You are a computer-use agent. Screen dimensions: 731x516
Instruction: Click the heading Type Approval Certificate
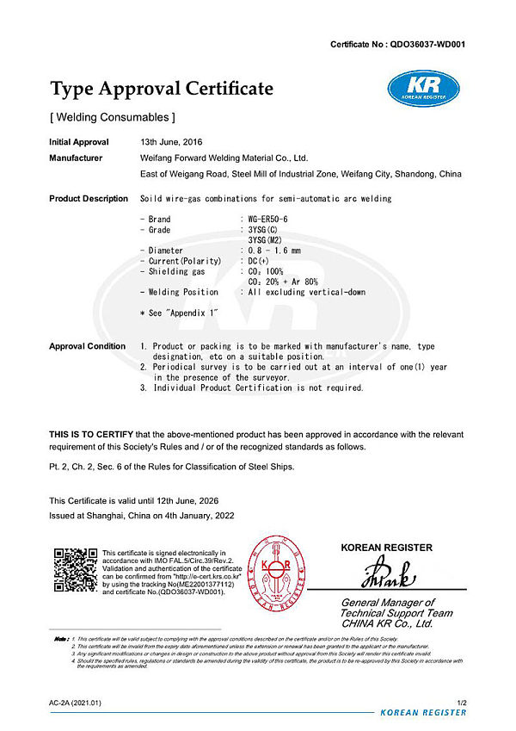coord(162,89)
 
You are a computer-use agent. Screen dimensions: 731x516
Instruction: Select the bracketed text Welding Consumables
coord(113,116)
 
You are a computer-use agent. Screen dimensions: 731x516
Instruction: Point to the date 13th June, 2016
coord(172,142)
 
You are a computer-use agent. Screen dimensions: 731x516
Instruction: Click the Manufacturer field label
coord(76,158)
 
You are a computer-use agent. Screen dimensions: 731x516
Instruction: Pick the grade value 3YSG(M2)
coord(266,240)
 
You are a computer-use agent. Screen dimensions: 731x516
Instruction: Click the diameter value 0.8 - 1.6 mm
coord(274,251)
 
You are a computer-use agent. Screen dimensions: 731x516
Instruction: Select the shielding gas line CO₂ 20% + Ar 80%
coord(283,282)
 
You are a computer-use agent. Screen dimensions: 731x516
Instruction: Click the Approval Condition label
coord(87,346)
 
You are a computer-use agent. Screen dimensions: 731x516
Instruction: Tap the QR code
coord(73,568)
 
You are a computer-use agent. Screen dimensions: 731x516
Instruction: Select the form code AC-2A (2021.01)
coord(75,703)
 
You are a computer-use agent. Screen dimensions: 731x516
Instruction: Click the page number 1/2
coord(460,703)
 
